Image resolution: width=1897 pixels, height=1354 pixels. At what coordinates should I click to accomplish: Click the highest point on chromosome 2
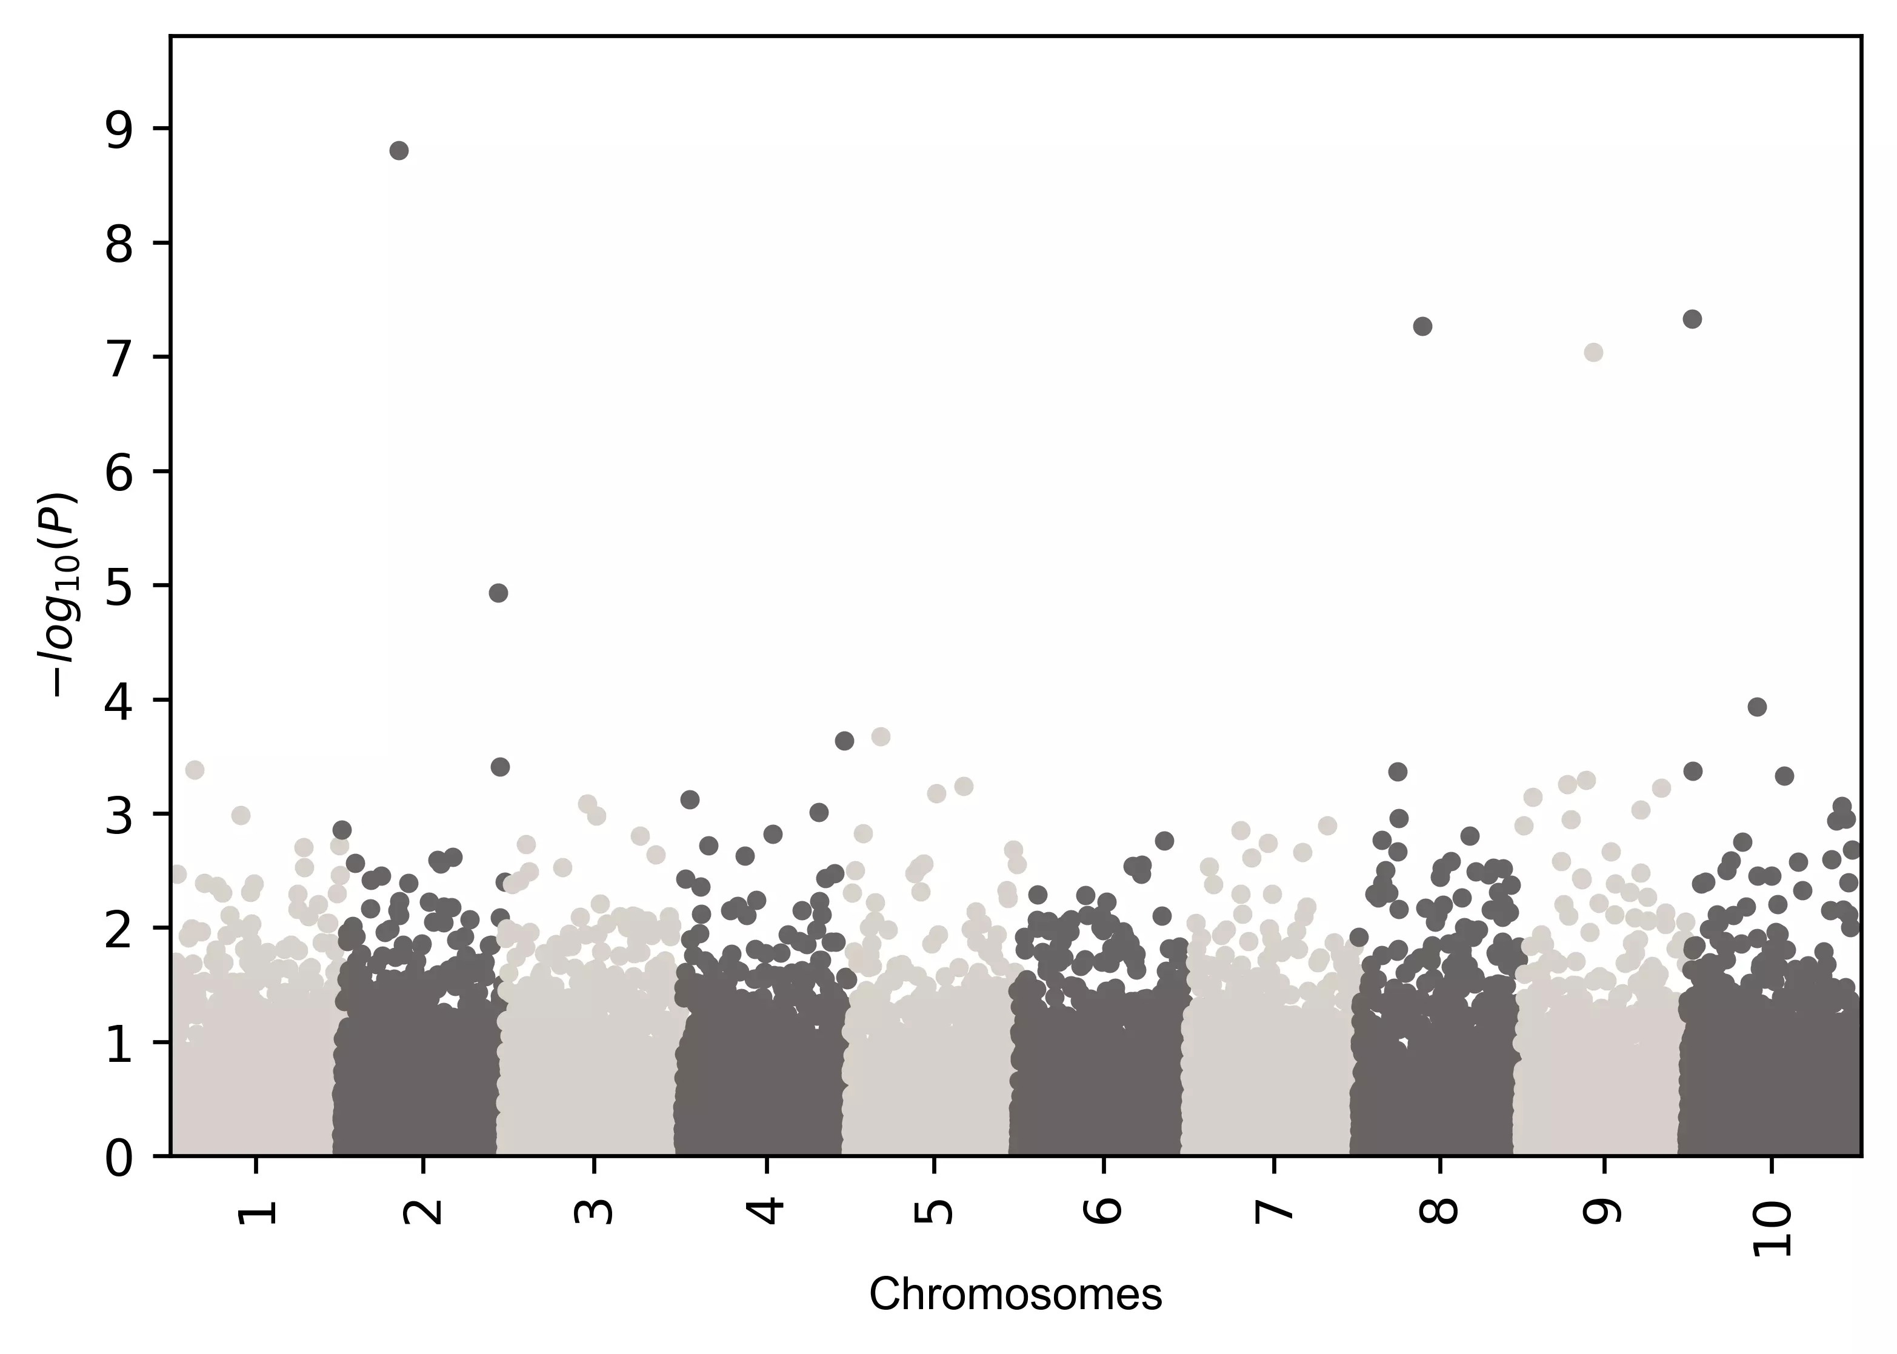(x=399, y=151)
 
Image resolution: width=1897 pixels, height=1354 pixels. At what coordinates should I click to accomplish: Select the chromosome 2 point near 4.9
(x=498, y=593)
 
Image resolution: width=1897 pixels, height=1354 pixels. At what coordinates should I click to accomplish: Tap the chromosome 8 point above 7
(x=1423, y=326)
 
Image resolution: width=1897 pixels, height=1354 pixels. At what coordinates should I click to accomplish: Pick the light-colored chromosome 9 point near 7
(x=1593, y=353)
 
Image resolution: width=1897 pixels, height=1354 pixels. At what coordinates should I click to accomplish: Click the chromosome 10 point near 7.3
(x=1692, y=319)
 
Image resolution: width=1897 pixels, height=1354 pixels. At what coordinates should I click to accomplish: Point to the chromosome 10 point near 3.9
(x=1757, y=707)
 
